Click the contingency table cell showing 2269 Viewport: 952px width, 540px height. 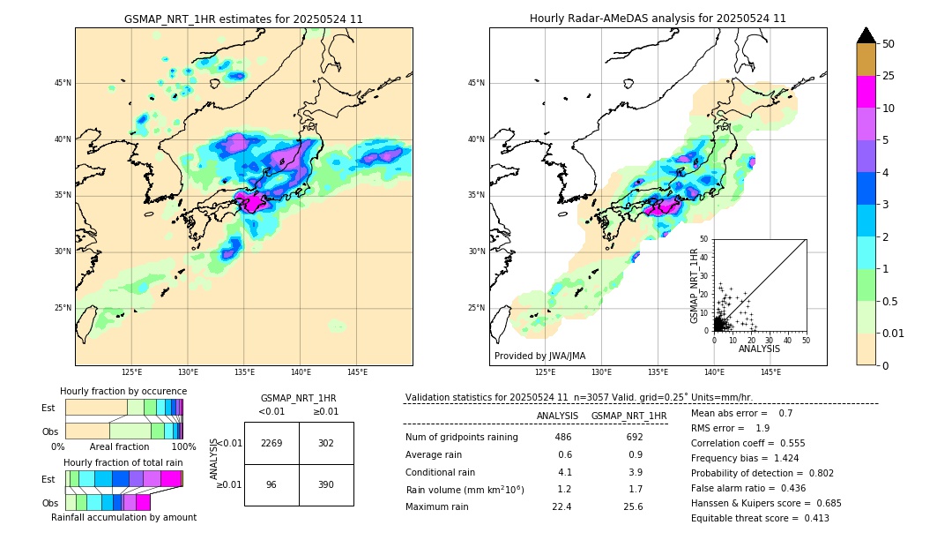tap(271, 443)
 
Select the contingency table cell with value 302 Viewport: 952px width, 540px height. tap(326, 443)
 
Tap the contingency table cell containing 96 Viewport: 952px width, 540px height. tap(271, 484)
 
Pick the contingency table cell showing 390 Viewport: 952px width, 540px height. tap(326, 484)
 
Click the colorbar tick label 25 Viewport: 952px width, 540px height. tap(889, 76)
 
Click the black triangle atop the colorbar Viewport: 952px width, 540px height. tap(866, 35)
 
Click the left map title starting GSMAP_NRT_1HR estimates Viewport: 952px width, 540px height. tap(243, 19)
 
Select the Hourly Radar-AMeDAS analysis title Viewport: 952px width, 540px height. tap(658, 19)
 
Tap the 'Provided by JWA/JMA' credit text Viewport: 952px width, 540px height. tap(539, 356)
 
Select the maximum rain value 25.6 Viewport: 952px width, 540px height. tap(633, 506)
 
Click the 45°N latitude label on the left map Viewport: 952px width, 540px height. tap(63, 83)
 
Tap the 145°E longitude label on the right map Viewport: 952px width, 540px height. tap(770, 372)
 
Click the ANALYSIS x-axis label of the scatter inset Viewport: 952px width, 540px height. tap(759, 349)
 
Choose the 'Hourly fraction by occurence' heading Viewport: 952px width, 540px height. tap(123, 391)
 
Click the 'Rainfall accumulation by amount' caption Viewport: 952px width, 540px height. tap(123, 517)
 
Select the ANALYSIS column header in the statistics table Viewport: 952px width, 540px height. tap(557, 416)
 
